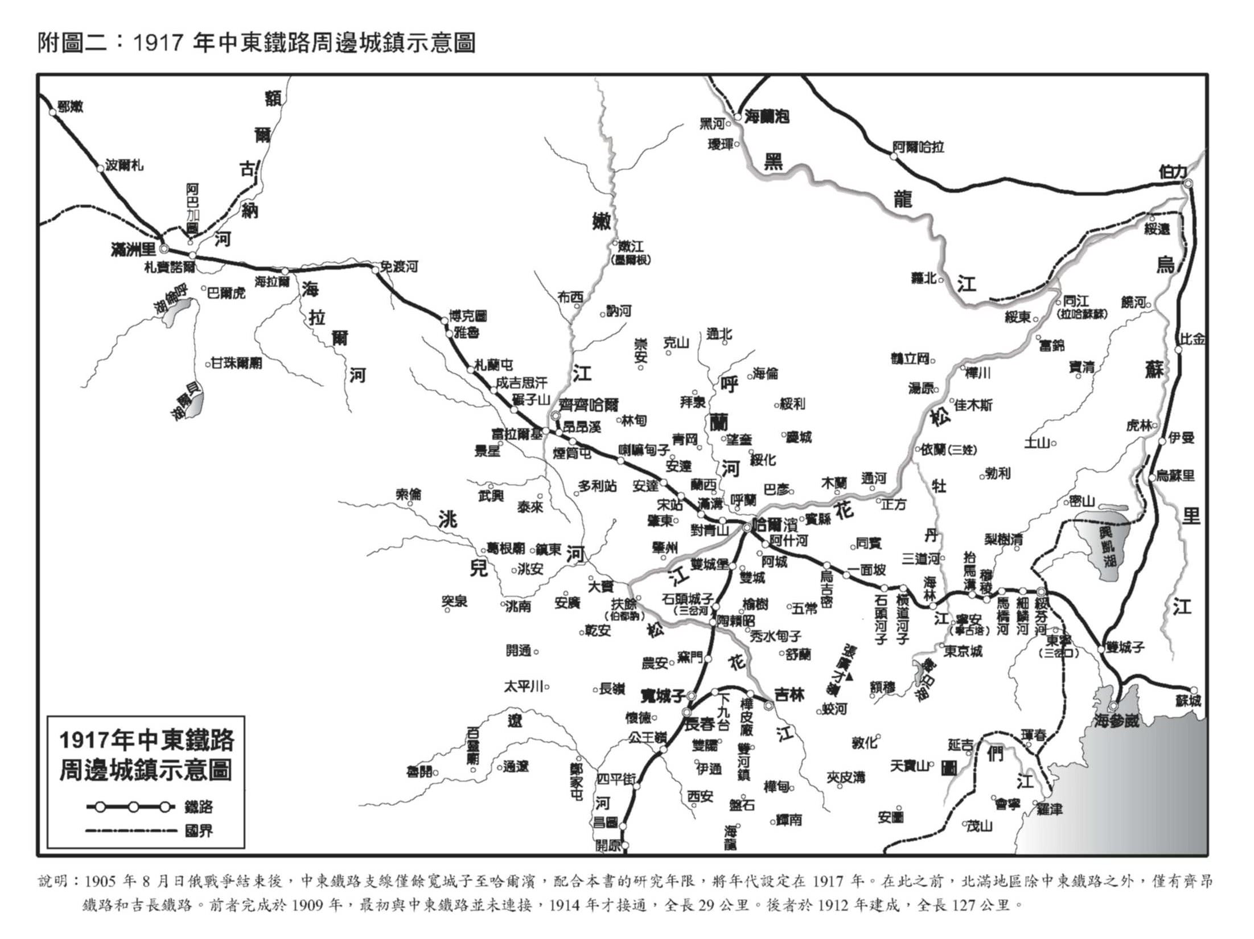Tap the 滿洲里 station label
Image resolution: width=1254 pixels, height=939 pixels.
(x=134, y=249)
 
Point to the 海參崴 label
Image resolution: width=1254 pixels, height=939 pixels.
(x=1117, y=721)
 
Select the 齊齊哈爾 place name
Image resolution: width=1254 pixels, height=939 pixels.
(x=588, y=405)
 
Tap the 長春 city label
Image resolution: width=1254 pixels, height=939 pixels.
(x=699, y=724)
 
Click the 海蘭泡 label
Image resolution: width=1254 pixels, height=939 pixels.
(x=767, y=117)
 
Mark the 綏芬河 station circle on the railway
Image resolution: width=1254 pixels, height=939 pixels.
(x=1041, y=591)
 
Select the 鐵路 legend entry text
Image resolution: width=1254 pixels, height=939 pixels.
(x=199, y=806)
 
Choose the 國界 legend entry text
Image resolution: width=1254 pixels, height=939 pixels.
(x=199, y=831)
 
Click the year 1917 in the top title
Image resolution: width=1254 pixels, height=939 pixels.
(x=157, y=43)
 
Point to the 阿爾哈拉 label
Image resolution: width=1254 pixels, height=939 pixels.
(x=918, y=147)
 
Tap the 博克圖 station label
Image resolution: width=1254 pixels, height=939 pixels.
(x=468, y=316)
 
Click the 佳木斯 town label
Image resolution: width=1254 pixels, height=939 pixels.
(x=973, y=404)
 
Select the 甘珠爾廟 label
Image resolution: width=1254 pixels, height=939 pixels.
(x=237, y=362)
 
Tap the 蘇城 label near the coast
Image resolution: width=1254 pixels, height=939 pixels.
(x=1188, y=701)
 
